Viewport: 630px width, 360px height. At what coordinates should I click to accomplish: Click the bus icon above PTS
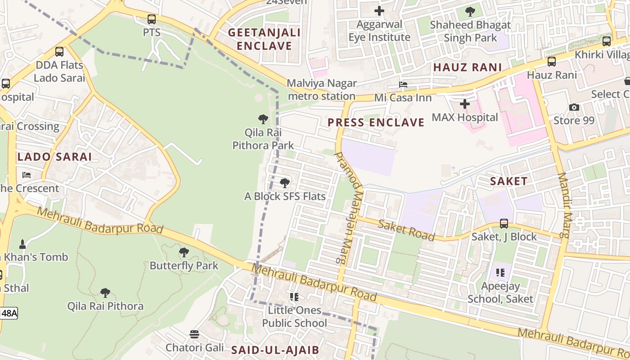click(x=152, y=19)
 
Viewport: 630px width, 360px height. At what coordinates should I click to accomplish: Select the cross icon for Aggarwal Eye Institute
click(x=379, y=11)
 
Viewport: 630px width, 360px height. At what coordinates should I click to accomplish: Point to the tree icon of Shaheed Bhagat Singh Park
click(x=470, y=12)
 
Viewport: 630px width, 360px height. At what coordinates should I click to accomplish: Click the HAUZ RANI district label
click(x=467, y=67)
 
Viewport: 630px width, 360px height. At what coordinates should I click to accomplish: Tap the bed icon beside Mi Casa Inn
click(x=403, y=85)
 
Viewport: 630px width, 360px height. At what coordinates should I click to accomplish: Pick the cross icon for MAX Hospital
click(x=465, y=104)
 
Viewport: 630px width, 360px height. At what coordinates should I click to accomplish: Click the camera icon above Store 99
click(x=574, y=107)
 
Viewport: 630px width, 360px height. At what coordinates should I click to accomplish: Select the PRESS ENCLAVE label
click(x=376, y=122)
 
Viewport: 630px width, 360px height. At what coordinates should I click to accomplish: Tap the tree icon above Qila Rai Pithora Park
click(x=263, y=119)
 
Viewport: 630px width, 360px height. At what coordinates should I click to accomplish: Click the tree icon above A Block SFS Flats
click(x=284, y=183)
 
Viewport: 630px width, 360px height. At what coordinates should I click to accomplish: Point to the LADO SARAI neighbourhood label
click(x=54, y=157)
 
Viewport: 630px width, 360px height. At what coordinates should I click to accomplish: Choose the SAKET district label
click(x=508, y=181)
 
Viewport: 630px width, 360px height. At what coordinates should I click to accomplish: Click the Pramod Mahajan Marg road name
click(x=349, y=207)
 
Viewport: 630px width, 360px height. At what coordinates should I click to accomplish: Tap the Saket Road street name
click(x=406, y=230)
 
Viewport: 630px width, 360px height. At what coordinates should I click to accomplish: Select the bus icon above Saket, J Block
click(x=504, y=224)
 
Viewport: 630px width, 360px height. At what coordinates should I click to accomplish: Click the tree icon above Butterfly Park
click(x=184, y=252)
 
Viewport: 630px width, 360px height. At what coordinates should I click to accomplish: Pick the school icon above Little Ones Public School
click(x=294, y=297)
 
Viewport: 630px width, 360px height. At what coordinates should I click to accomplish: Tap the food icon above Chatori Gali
click(x=194, y=334)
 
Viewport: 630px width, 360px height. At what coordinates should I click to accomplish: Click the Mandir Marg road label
click(x=564, y=205)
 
